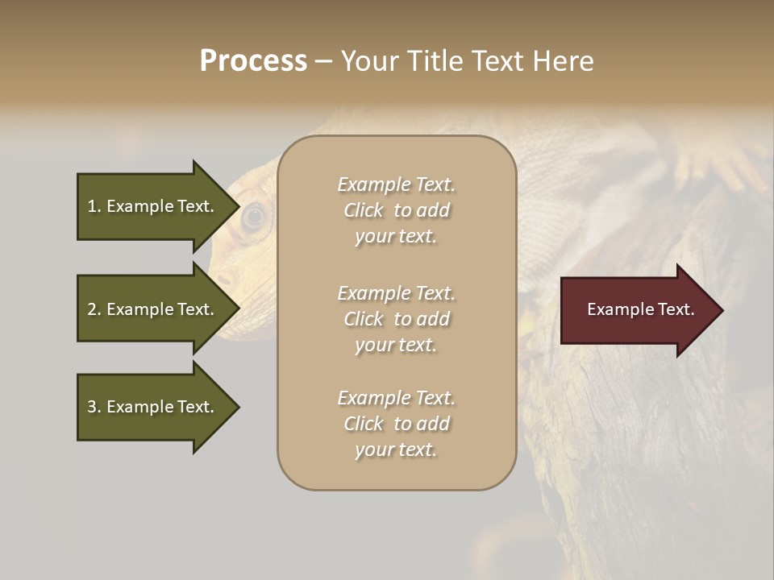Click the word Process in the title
[x=253, y=61]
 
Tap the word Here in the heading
[x=562, y=61]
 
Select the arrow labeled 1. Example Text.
[x=153, y=206]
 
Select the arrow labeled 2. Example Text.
[x=153, y=309]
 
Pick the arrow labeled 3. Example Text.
[x=153, y=407]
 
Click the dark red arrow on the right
[x=637, y=310]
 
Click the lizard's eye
[x=254, y=215]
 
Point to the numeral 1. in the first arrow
[x=94, y=206]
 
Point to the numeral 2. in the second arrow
[x=94, y=309]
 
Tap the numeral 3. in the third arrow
[x=94, y=407]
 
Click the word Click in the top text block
[x=364, y=210]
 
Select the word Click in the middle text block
[x=364, y=319]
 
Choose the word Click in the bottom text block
[x=364, y=424]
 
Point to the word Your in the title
[x=368, y=61]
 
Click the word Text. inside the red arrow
[x=675, y=309]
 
